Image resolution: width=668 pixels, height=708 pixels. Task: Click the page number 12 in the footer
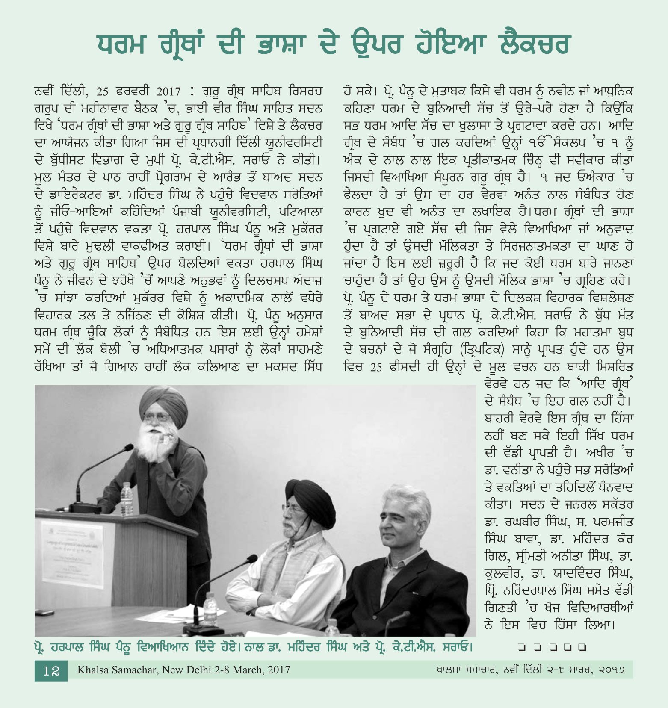pos(51,670)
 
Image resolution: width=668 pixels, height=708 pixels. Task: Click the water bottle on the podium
pos(127,498)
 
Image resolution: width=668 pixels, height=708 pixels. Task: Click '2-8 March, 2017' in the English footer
pos(253,670)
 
